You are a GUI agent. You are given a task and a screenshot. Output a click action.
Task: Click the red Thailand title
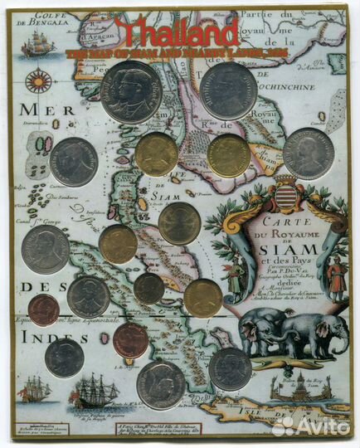[177, 32]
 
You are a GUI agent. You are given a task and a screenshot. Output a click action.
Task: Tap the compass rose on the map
[38, 81]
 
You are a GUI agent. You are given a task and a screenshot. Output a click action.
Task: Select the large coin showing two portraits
[131, 92]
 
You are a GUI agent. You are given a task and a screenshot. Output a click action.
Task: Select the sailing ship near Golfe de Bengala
[36, 47]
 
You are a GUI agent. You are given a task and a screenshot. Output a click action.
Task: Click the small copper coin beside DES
[43, 309]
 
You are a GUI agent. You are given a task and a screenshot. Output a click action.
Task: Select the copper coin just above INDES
[129, 339]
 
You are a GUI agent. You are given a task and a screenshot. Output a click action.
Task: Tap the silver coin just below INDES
[64, 358]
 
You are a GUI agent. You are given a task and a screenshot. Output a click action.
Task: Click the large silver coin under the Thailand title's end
[228, 90]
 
